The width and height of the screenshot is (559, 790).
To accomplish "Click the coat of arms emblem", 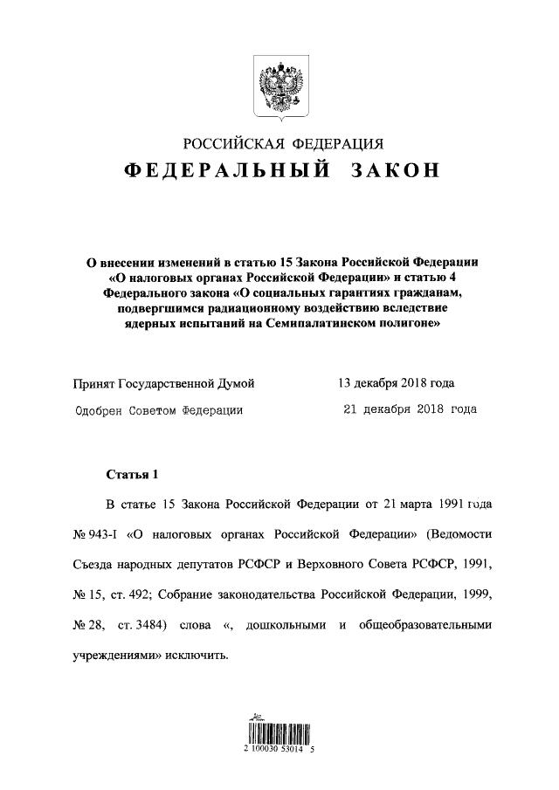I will (x=279, y=86).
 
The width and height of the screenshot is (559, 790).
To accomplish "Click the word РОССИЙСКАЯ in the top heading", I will (x=230, y=144).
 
